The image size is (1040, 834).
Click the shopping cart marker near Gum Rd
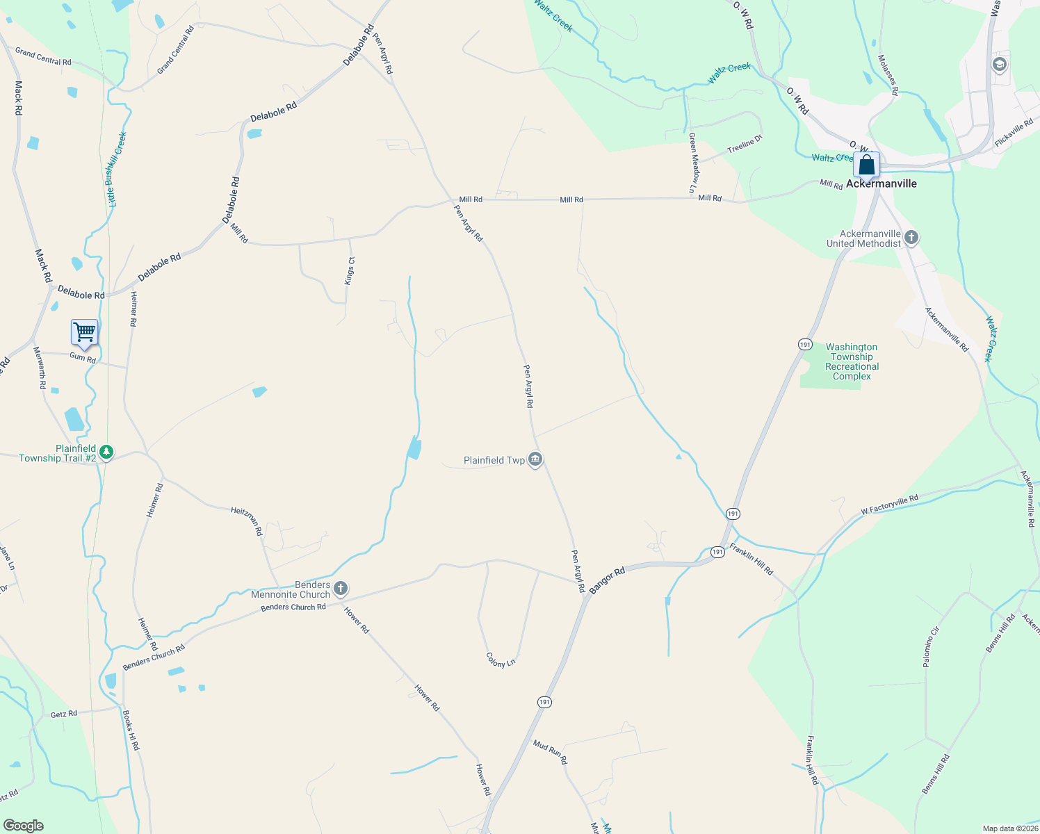84,333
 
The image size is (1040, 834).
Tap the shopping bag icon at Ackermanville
866,165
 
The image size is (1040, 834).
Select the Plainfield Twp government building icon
535,460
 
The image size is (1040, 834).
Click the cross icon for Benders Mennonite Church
341,589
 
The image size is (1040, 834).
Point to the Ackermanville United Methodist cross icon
911,238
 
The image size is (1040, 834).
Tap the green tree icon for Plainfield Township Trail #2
106,453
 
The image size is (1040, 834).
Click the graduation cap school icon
1000,65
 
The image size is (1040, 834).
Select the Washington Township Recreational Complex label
852,361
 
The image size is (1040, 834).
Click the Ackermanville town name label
881,183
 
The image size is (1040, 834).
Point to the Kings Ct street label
350,270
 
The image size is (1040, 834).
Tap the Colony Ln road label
501,660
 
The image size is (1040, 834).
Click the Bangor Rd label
607,580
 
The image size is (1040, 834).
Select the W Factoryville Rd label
889,504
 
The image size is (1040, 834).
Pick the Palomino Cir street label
931,647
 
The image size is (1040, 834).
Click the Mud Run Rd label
550,752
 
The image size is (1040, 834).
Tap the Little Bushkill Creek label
116,169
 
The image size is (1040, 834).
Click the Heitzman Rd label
247,521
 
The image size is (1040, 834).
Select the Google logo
23,826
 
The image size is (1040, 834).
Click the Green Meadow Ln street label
693,163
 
